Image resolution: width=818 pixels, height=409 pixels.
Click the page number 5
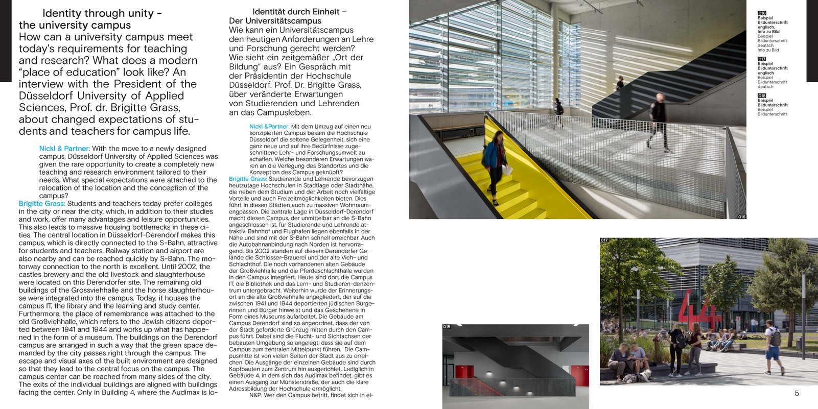pyautogui.click(x=797, y=393)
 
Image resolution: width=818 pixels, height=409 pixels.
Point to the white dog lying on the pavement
pyautogui.click(x=640, y=376)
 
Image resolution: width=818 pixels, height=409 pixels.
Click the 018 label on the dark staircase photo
pyautogui.click(x=447, y=327)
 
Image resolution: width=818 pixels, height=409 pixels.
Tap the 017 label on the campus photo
pyautogui.click(x=604, y=240)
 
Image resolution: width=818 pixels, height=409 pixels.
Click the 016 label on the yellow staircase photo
pyautogui.click(x=742, y=217)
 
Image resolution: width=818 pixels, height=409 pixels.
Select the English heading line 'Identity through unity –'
pyautogui.click(x=102, y=13)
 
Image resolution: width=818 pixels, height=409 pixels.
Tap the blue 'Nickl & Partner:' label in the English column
pyautogui.click(x=64, y=149)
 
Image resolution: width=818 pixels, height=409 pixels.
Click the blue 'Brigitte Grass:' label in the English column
pyautogui.click(x=42, y=204)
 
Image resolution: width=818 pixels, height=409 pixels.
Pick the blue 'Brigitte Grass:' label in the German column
pyautogui.click(x=248, y=179)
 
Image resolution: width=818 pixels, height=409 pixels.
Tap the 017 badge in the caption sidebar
pyautogui.click(x=762, y=59)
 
